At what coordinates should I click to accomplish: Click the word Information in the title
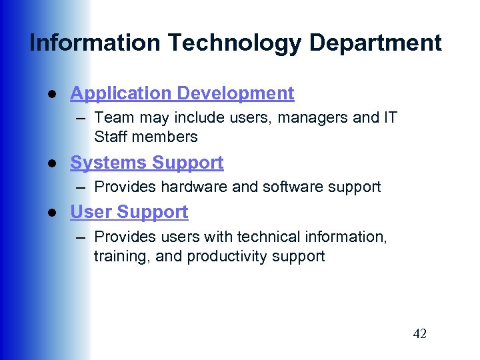click(x=94, y=43)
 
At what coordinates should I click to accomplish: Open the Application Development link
click(x=182, y=93)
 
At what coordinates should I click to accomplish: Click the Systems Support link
click(x=147, y=163)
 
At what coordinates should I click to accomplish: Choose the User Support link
click(x=129, y=212)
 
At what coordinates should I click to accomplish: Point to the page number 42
click(x=419, y=334)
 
